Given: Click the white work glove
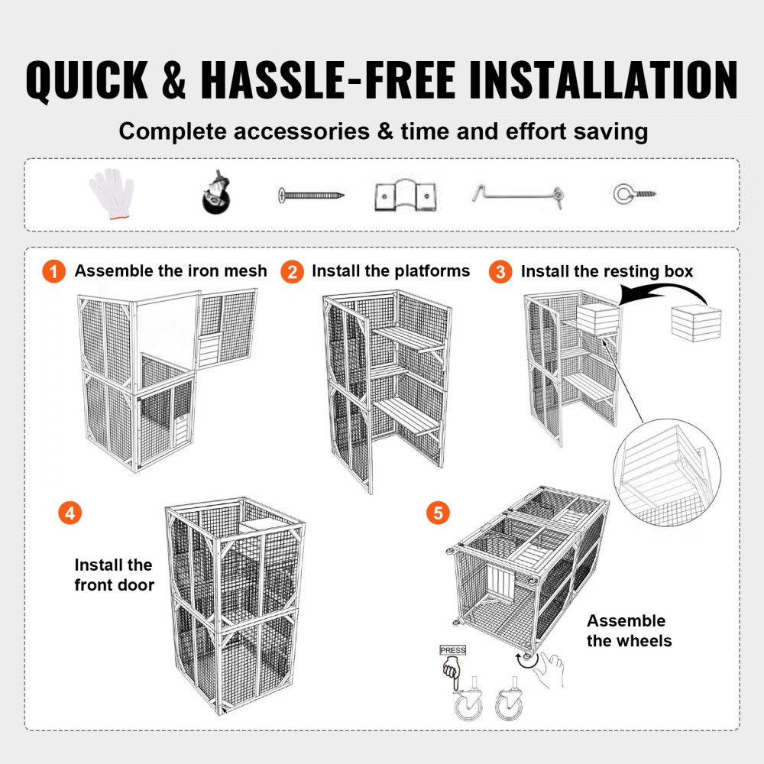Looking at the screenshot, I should point(112,193).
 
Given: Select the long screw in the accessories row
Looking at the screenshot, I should point(311,196).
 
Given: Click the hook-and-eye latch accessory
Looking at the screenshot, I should point(517,196).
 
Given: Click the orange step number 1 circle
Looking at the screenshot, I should point(54,271).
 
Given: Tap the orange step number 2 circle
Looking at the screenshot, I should point(291,271).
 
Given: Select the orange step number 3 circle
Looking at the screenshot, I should point(500,271).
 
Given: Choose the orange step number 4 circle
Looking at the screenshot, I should point(70,513).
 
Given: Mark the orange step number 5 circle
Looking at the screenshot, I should point(437,513).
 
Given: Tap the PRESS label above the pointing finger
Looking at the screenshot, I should point(452,650).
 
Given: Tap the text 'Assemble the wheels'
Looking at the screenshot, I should point(629,630).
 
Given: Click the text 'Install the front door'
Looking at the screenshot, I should point(114,575).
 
